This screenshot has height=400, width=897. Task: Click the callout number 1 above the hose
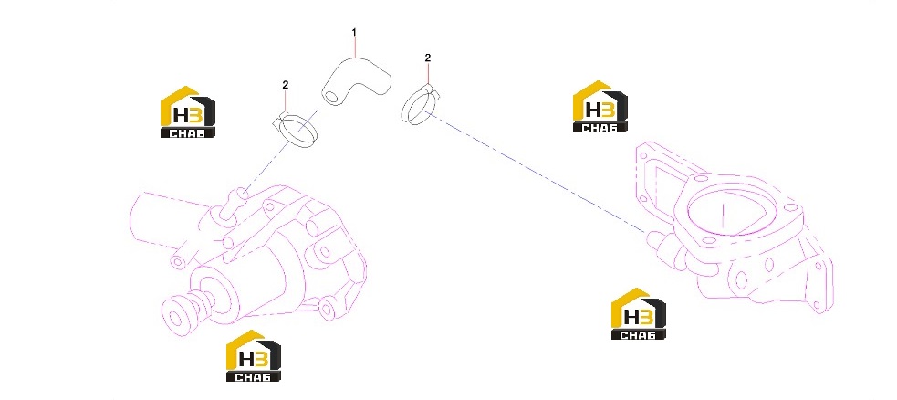354,33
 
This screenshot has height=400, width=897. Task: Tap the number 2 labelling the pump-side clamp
286,85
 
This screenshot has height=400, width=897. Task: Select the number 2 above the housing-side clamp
427,58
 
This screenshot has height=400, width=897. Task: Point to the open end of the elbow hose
330,96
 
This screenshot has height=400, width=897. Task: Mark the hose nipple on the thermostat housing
660,241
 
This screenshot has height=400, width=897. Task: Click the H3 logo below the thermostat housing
639,313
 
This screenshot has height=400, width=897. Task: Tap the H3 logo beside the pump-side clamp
188,112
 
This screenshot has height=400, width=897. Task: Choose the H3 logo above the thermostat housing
600,107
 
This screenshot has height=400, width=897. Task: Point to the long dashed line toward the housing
537,172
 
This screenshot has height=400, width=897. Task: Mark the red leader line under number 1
354,47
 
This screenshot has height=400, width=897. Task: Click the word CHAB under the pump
254,376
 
